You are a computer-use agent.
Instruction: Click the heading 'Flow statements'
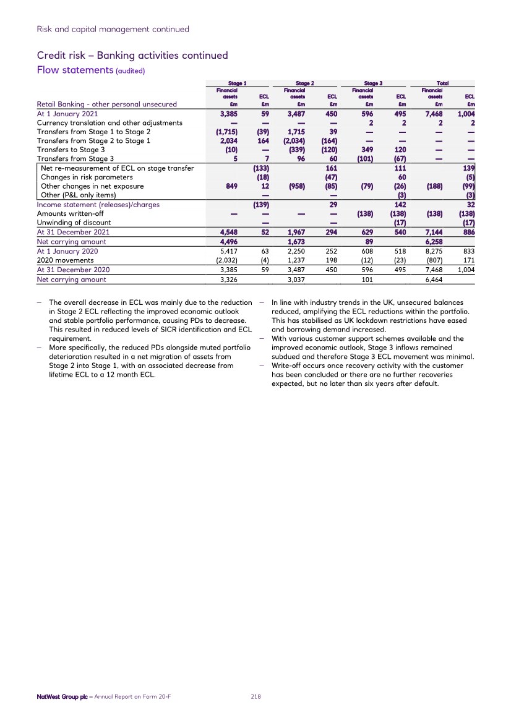point(74,70)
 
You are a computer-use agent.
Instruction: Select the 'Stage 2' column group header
point(303,83)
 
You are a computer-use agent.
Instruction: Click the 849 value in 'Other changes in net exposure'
point(230,186)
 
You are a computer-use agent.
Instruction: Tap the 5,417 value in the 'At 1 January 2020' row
point(228,251)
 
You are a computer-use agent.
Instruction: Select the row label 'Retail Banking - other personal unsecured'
point(107,104)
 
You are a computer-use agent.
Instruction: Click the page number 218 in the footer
point(255,696)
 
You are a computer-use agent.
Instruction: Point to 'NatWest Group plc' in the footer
point(61,696)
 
